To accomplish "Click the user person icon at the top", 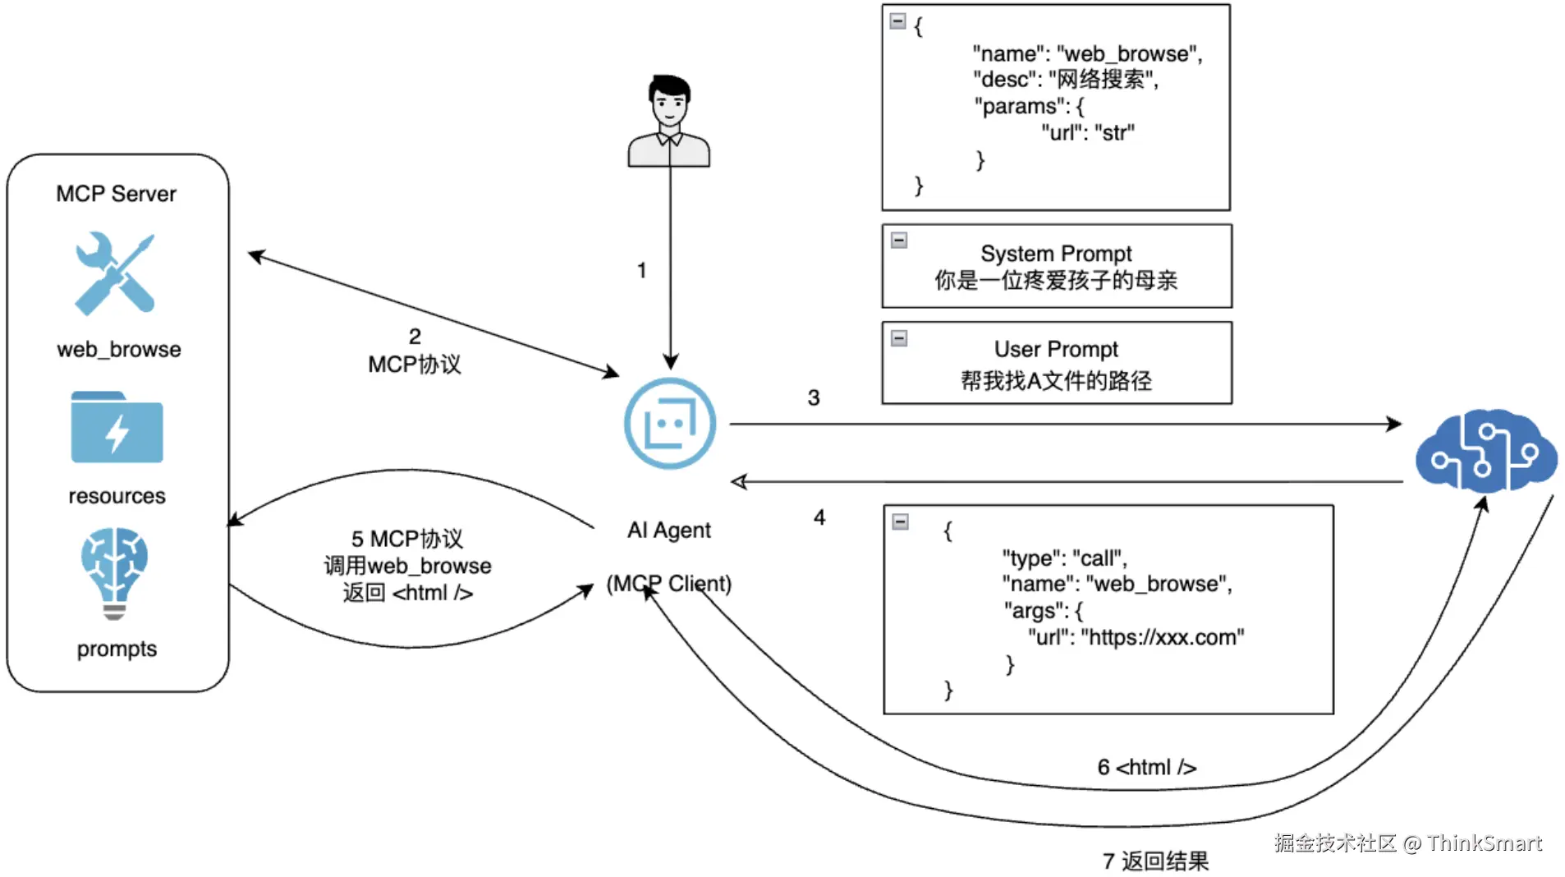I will click(668, 121).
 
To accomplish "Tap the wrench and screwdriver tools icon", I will click(115, 273).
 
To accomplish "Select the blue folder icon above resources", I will click(117, 427).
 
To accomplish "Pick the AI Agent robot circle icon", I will click(669, 424).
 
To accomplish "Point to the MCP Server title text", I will click(116, 194).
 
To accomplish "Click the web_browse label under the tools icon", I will click(119, 350).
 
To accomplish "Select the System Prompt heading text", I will click(1056, 253).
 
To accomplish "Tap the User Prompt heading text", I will click(1056, 349).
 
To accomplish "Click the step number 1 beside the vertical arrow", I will click(641, 270).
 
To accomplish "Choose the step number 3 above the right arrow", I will click(813, 397).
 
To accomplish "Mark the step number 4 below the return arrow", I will click(819, 517).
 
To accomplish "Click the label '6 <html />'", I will click(1146, 767).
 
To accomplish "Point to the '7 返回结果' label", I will click(1155, 861).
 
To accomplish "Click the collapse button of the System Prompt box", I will click(899, 241).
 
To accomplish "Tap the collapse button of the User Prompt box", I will click(899, 338).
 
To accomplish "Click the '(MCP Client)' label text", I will click(669, 584).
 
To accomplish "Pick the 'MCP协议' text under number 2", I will click(415, 365).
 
